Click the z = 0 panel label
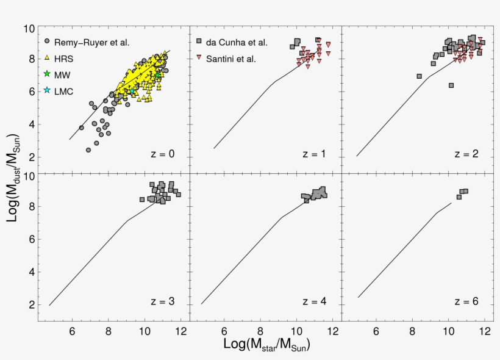(162, 154)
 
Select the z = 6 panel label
(466, 301)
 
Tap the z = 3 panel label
(162, 301)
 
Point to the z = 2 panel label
(466, 154)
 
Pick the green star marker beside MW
(47, 74)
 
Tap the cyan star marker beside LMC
(47, 90)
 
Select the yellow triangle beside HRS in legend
(47, 58)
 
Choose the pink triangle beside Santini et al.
(199, 59)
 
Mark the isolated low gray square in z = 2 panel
(451, 85)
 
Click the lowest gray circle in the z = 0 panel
(88, 149)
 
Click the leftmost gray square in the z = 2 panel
(420, 76)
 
